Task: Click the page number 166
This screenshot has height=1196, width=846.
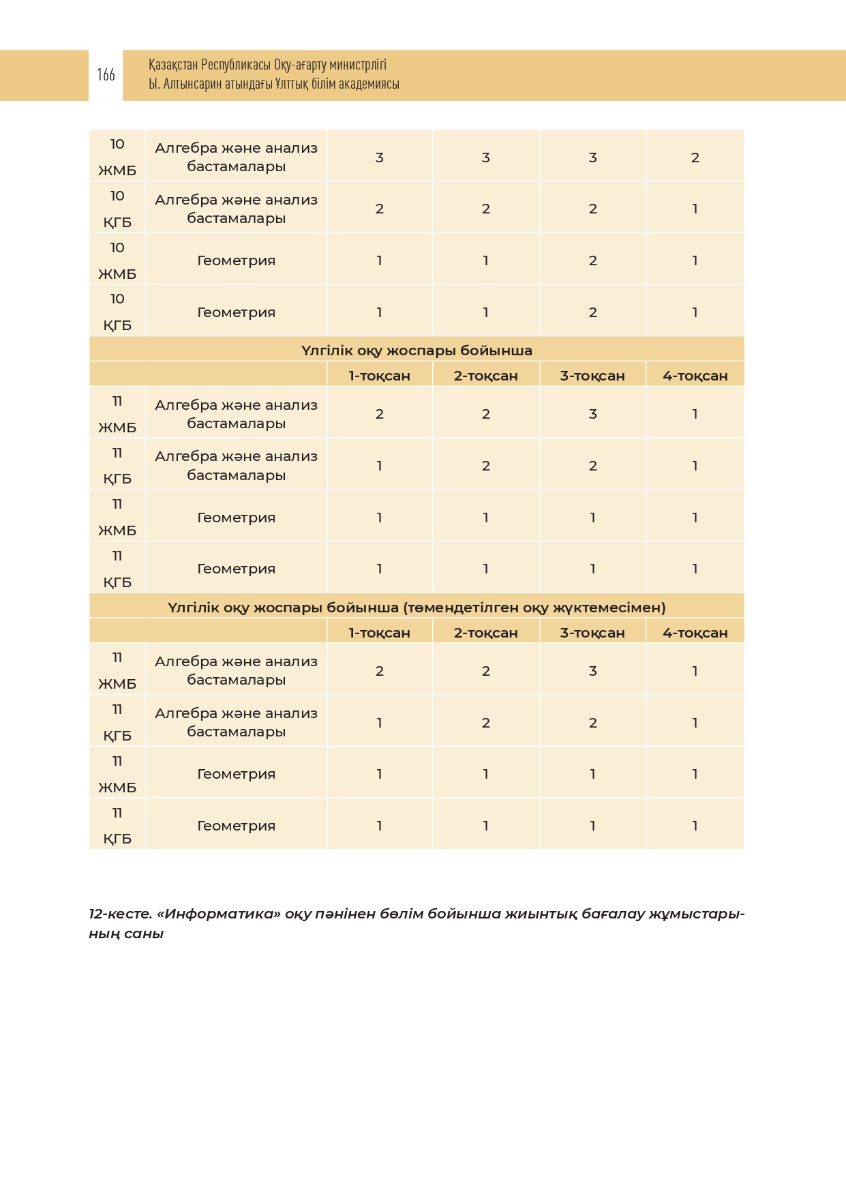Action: tap(106, 75)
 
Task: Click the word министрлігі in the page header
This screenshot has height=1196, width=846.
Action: tap(358, 65)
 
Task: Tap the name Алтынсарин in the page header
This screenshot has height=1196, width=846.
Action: tap(193, 84)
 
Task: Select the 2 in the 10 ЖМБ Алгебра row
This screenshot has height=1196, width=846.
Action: tap(695, 158)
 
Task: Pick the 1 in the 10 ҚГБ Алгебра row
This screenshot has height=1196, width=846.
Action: tap(695, 209)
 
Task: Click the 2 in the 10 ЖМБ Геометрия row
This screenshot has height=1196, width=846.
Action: tap(592, 260)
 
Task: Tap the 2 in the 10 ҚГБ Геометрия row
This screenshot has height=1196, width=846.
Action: tap(592, 312)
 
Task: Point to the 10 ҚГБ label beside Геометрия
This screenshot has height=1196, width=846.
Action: tap(117, 312)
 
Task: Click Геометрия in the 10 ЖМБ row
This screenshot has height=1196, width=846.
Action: tap(236, 260)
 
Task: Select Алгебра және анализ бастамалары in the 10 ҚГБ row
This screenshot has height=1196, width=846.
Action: tap(236, 209)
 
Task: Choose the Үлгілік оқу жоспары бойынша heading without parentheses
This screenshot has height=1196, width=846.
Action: tap(417, 350)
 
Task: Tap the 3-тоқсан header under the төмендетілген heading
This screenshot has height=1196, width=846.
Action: tap(592, 633)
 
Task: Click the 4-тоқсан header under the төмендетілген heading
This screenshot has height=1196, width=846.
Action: tap(695, 633)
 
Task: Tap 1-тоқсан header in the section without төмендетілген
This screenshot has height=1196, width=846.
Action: tap(379, 376)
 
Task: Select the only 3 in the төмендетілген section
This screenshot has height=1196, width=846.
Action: tap(592, 671)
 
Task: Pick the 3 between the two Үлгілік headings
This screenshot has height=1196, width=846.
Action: tap(592, 414)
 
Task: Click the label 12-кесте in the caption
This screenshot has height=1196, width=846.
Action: tap(120, 914)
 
